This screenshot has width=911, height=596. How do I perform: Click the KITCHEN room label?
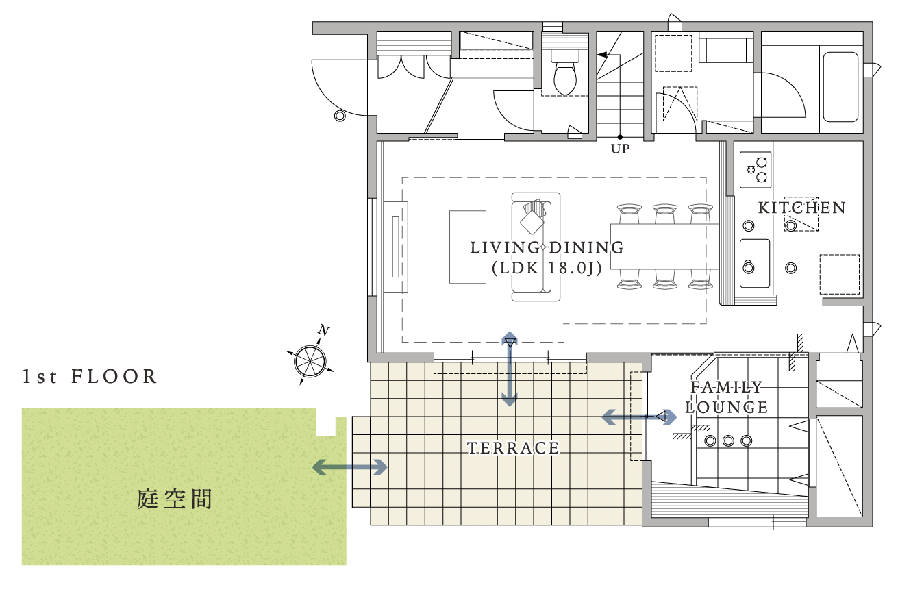click(x=801, y=208)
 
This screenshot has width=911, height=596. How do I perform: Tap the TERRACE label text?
click(x=513, y=448)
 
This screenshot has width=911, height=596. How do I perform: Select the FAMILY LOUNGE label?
click(x=726, y=397)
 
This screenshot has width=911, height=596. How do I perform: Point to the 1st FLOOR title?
click(x=90, y=376)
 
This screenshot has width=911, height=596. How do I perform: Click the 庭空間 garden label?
click(x=175, y=499)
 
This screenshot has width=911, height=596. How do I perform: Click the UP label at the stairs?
click(x=620, y=149)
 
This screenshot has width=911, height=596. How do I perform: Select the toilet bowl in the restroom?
click(x=565, y=73)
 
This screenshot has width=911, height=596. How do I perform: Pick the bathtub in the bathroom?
click(x=840, y=87)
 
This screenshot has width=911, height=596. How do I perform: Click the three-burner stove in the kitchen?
click(x=756, y=170)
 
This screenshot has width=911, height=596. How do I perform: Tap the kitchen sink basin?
click(x=755, y=263)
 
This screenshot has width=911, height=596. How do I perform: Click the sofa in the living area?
click(x=536, y=247)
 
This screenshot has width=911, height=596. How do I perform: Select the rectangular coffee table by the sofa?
click(x=468, y=247)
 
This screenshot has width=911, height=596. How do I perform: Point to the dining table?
click(x=665, y=247)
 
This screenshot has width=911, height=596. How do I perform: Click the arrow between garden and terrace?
click(x=349, y=467)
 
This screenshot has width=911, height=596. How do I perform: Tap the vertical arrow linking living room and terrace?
click(x=509, y=369)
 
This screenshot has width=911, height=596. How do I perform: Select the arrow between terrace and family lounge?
click(x=639, y=417)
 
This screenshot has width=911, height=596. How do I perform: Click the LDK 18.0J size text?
click(x=547, y=268)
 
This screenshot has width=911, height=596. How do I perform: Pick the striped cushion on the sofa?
click(x=535, y=208)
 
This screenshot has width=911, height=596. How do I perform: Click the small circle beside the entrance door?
click(x=340, y=116)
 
